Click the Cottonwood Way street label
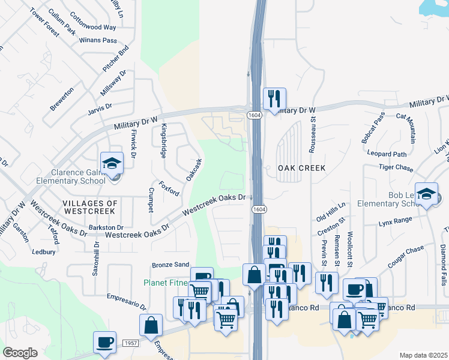click(x=93, y=28)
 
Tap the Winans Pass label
click(x=98, y=41)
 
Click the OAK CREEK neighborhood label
click(x=302, y=169)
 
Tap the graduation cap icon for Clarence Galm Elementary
click(x=112, y=164)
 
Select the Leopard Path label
click(x=388, y=154)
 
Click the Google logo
click(x=20, y=353)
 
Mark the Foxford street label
click(x=169, y=188)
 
